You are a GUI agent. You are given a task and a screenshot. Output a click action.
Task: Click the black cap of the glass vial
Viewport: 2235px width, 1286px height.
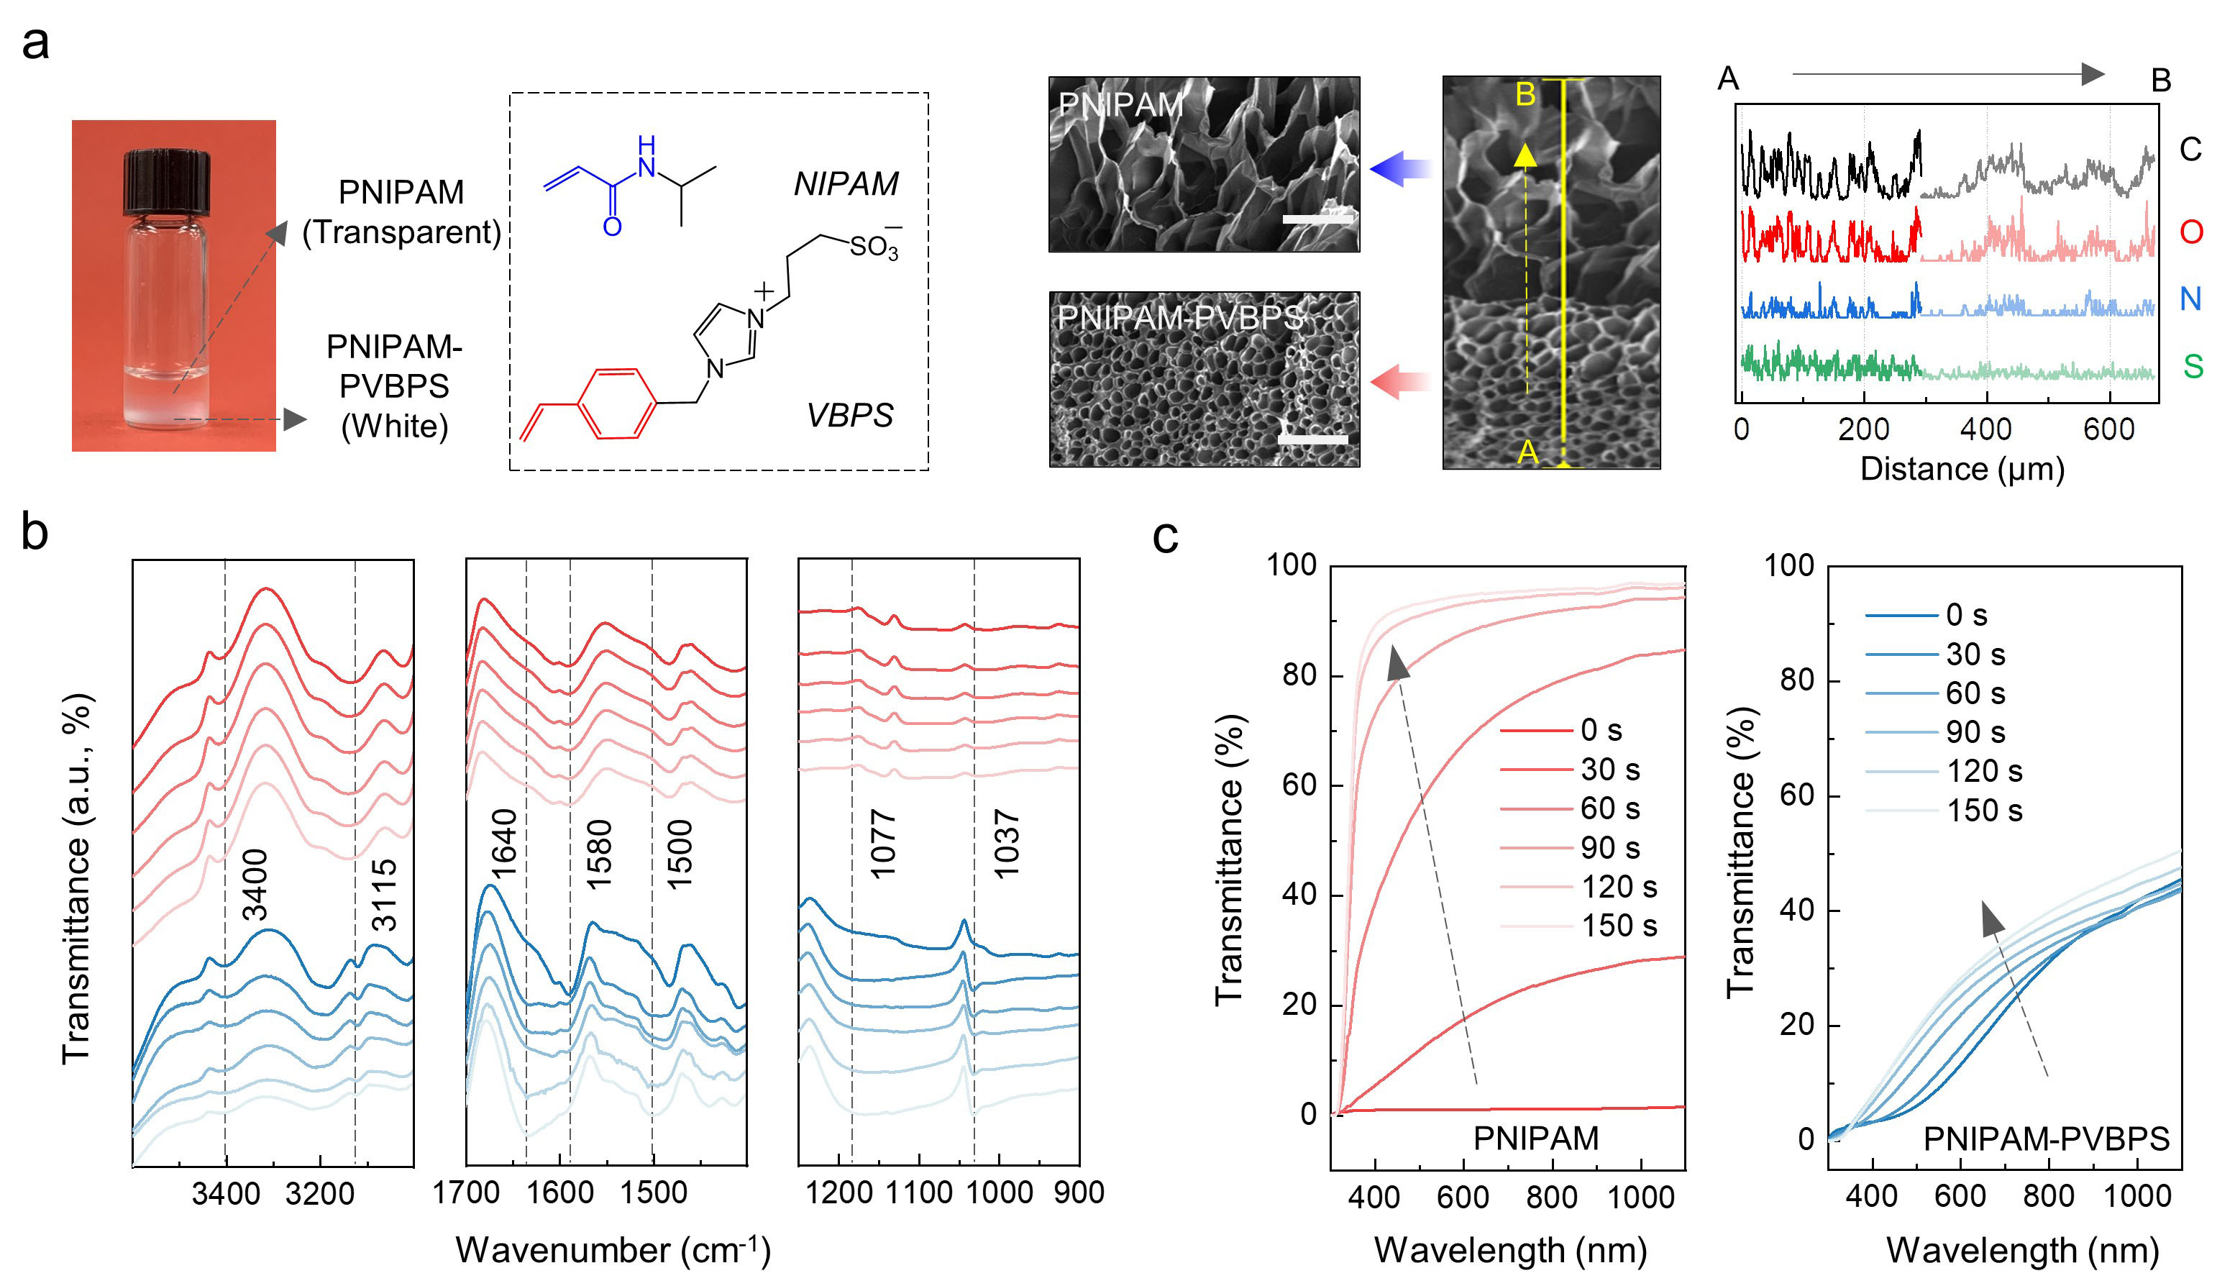tap(166, 183)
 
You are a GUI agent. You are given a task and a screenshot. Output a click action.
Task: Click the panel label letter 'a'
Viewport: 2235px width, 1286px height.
tap(35, 42)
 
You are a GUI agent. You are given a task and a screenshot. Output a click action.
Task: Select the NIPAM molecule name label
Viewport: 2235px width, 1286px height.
tap(845, 183)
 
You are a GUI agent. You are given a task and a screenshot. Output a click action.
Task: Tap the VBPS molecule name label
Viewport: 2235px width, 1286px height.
tap(849, 415)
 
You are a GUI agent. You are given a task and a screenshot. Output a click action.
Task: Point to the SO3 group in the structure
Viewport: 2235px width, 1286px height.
tap(873, 247)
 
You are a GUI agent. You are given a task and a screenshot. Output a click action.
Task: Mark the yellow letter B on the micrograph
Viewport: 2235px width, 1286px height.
tap(1525, 94)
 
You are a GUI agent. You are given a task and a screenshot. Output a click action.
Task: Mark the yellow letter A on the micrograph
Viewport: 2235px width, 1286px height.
tap(1527, 453)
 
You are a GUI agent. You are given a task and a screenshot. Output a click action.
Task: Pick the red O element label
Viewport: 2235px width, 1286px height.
tap(2191, 232)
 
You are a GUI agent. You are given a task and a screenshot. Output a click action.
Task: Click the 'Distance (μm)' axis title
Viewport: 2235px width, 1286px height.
tap(1962, 468)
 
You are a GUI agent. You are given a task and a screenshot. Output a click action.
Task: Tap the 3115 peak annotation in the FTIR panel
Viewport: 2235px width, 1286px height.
tap(384, 895)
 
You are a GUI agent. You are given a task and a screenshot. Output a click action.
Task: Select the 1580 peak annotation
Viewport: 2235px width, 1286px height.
tap(600, 854)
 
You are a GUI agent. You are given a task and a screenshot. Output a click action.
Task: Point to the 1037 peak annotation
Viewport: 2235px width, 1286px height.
tap(1007, 844)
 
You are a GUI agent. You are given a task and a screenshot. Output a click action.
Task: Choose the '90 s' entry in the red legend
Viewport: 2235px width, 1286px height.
tap(1609, 848)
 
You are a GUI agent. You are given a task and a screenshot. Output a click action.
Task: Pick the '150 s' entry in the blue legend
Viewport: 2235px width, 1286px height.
tap(1983, 811)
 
